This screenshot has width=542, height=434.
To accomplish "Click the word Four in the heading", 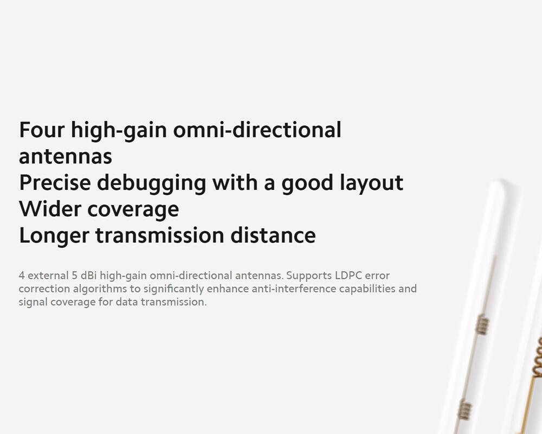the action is click(x=42, y=130).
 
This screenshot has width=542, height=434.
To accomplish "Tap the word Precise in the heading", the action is click(x=55, y=182).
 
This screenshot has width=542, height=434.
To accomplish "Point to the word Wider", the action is click(x=50, y=209).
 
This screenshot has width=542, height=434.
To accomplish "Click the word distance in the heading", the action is click(x=273, y=235).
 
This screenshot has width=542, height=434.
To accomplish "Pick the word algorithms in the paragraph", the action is click(x=100, y=290).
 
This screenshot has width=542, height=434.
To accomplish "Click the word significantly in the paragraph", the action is click(x=173, y=290).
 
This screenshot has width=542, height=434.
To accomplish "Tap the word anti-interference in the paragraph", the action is click(x=294, y=289).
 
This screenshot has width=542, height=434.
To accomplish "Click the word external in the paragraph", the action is click(x=48, y=276).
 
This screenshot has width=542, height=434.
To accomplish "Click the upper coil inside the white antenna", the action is click(x=482, y=324).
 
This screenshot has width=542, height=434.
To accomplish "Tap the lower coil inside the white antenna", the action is click(x=464, y=410).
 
